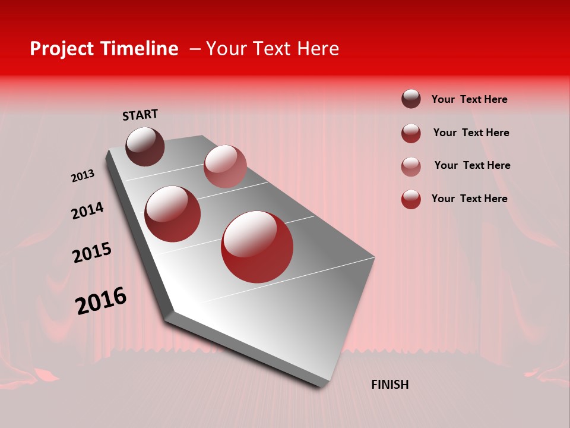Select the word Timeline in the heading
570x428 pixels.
[x=140, y=49]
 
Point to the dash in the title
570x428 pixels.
[x=195, y=49]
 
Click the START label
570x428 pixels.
[x=140, y=115]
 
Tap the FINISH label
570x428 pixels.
[x=389, y=385]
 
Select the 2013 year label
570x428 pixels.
[x=83, y=176]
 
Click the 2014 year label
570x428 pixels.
[x=87, y=211]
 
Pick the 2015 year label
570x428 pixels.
[x=92, y=253]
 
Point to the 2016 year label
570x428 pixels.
[x=101, y=301]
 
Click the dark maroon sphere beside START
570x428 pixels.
[x=145, y=146]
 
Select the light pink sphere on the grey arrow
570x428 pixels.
[x=225, y=166]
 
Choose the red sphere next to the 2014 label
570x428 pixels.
[x=173, y=214]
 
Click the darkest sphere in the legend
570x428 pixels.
[x=411, y=99]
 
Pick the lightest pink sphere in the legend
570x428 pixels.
[x=411, y=166]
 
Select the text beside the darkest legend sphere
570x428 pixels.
[x=469, y=99]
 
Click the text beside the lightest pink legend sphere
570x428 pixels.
[x=472, y=165]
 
